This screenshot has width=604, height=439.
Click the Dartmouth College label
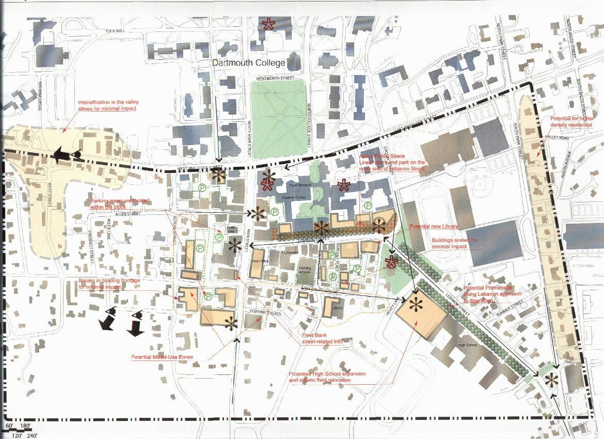click(x=249, y=63)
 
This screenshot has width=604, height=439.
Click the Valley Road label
click(x=555, y=137)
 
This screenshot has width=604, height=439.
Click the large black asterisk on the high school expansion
click(x=415, y=306)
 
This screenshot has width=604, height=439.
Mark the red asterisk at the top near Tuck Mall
click(x=268, y=24)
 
